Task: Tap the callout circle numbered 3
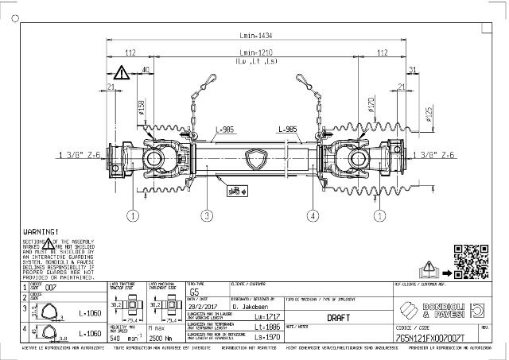pos(207,215)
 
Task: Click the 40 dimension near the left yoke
pos(146,70)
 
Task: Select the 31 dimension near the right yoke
pos(411,70)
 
